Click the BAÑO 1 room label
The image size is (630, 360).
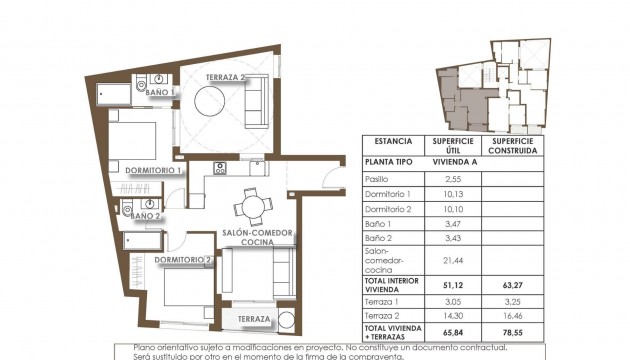[x=160, y=91]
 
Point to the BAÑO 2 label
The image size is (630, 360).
[x=145, y=215]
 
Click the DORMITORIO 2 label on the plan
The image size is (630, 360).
[x=183, y=261]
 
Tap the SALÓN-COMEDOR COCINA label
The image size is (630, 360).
[x=257, y=238]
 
